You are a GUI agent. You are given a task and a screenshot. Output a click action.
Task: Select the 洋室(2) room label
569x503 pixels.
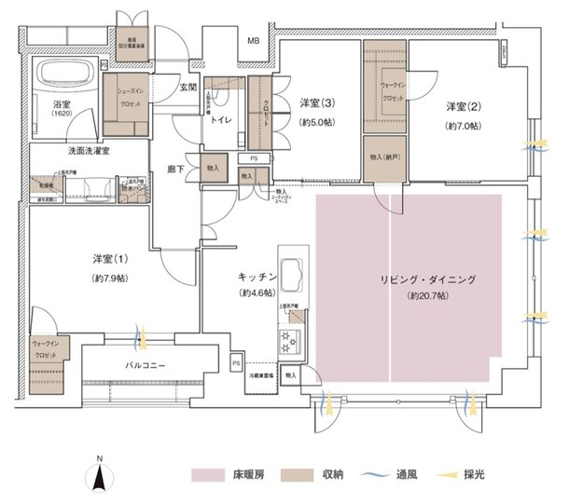(462, 105)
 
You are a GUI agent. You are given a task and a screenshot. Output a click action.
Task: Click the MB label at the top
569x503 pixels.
(253, 41)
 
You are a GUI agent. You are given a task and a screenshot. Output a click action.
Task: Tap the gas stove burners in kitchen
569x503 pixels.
(288, 342)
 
